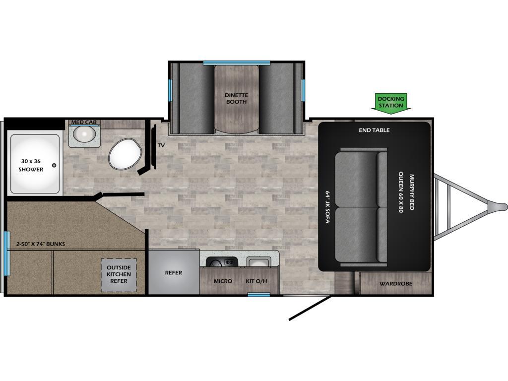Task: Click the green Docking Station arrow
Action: [391, 104]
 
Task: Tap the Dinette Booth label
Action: [237, 99]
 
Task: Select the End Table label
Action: [374, 130]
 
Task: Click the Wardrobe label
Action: [396, 284]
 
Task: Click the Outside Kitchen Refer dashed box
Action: [119, 275]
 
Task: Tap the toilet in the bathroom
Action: [125, 154]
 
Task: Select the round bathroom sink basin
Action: [84, 133]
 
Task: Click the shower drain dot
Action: [54, 165]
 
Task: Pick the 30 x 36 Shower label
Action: [31, 165]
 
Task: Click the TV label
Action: [161, 145]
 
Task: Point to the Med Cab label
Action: [84, 122]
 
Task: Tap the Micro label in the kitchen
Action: [223, 281]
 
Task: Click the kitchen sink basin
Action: [258, 262]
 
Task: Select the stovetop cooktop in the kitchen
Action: [222, 262]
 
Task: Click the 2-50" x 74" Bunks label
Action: [41, 244]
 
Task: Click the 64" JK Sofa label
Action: [327, 207]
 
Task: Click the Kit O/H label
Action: [256, 281]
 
